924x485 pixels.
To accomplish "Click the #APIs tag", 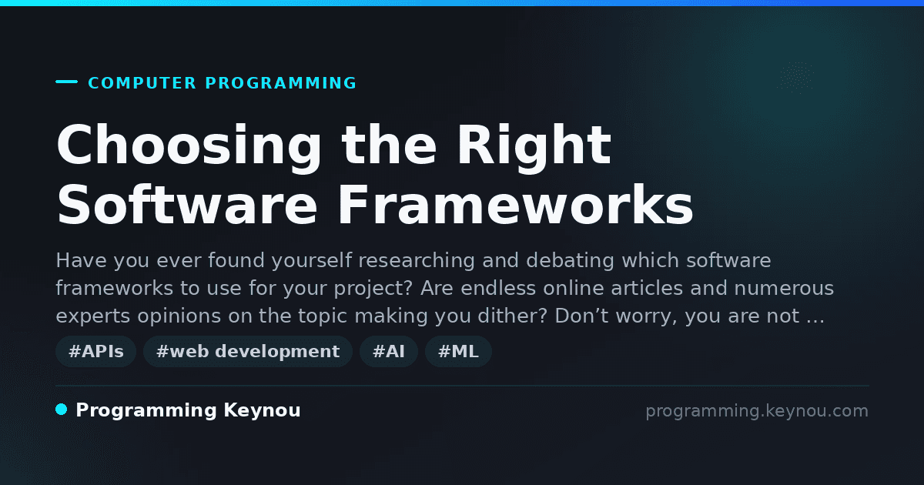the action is [95, 351].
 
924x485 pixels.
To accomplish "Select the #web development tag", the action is [247, 351].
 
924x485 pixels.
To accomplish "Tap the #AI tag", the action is [389, 351].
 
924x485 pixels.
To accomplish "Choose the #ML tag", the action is [458, 351].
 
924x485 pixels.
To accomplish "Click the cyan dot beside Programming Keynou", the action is [62, 410].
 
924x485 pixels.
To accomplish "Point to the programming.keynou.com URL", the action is [757, 411].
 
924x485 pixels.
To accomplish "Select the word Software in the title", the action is [187, 205].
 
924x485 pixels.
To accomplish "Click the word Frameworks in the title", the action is [516, 205].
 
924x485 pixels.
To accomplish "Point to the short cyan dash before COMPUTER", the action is [66, 82].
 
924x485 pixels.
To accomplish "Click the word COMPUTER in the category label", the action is [142, 83].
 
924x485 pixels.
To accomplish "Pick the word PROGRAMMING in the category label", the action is [281, 83].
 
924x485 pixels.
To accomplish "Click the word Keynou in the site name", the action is [262, 410].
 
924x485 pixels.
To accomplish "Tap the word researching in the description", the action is [417, 261].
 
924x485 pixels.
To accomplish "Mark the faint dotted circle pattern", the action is [795, 77].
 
